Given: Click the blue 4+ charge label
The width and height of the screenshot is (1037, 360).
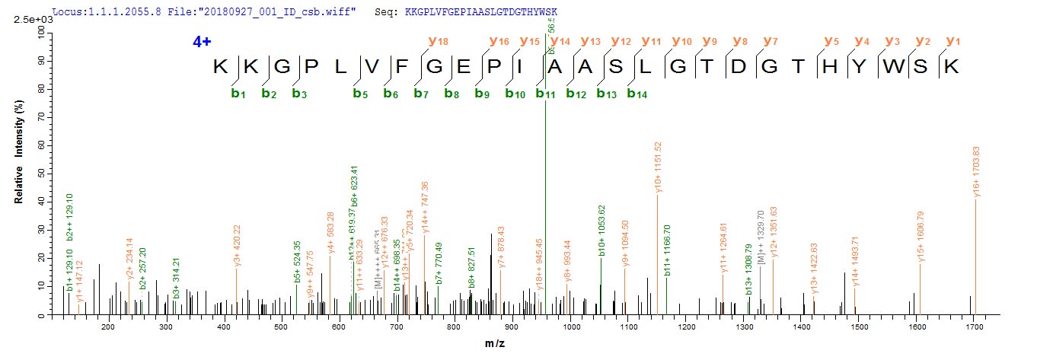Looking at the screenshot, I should tap(202, 43).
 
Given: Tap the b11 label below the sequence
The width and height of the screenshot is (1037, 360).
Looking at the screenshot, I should tap(543, 94).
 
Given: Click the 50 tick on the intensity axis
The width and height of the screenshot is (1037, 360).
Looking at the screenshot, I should tap(39, 173).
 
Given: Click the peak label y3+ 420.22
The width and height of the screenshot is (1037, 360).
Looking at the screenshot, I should tap(238, 244).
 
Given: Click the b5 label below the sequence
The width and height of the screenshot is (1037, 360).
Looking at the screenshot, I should tap(360, 94).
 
